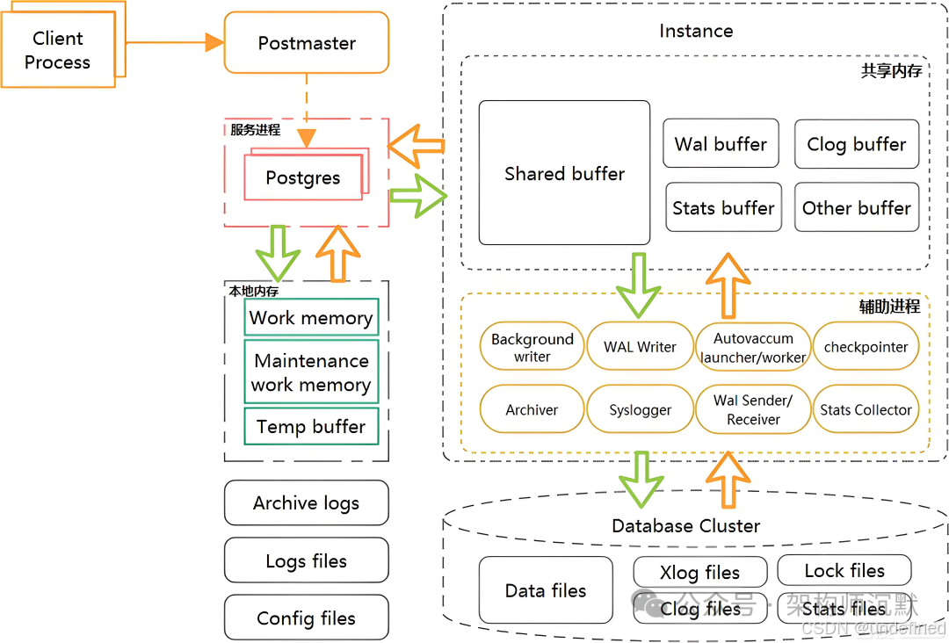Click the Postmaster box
307,42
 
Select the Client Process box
57,50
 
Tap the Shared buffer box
564,173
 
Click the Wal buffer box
721,144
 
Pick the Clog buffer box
856,144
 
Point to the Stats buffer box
723,208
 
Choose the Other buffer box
856,208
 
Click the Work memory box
310,317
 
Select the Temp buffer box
310,427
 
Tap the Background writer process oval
532,347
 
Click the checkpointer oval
866,347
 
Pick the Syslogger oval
640,410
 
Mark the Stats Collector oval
866,410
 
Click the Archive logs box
306,503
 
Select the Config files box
306,618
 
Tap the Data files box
545,590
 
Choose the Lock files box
844,571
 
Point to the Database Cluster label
685,525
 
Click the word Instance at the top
695,31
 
